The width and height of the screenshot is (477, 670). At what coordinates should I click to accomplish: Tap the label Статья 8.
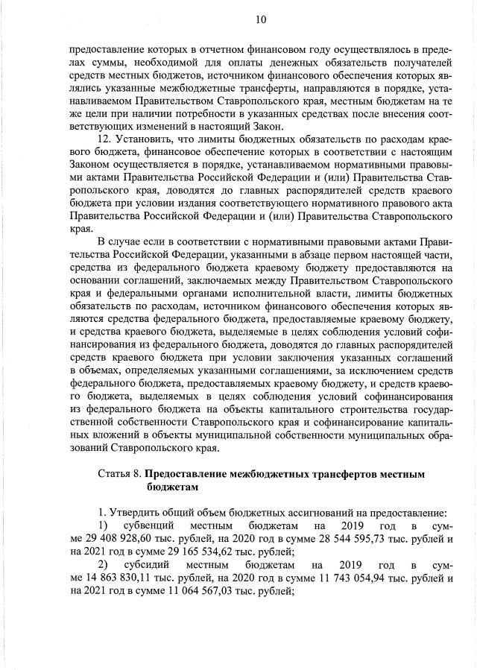coord(119,474)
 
